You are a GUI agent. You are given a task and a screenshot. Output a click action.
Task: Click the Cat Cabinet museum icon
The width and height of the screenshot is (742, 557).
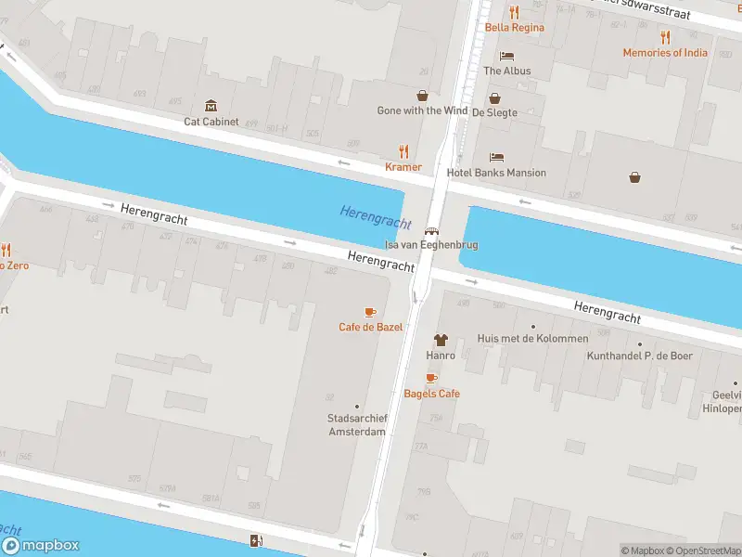[211, 106]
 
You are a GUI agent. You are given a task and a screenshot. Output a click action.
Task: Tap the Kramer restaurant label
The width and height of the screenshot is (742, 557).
[403, 167]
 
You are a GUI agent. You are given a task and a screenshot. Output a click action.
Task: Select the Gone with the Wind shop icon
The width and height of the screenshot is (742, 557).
[423, 96]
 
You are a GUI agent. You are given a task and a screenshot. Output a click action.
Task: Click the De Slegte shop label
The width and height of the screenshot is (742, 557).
[494, 111]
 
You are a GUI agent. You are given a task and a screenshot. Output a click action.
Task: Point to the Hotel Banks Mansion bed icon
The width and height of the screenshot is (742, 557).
[496, 158]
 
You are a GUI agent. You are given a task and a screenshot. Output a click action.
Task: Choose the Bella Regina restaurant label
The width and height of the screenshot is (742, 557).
[514, 27]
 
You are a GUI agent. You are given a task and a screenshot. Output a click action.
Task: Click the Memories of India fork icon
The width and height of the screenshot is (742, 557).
[665, 37]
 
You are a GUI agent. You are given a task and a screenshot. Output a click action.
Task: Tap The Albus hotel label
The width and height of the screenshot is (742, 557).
[506, 71]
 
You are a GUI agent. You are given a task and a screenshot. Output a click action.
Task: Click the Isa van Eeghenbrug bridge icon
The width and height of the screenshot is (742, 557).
[431, 231]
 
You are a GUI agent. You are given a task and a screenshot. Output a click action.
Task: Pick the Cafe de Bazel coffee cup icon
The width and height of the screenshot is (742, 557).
[370, 312]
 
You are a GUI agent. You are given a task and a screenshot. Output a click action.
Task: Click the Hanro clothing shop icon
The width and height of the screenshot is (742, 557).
[441, 341]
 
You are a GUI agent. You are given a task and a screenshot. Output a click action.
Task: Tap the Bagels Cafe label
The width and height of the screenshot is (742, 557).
[431, 394]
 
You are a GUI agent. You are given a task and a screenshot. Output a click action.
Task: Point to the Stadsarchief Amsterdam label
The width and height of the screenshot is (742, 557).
[356, 425]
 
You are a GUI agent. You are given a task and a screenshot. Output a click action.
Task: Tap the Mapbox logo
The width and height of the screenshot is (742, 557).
[41, 546]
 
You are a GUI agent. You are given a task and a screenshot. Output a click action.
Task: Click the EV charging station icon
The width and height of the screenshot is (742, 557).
[256, 540]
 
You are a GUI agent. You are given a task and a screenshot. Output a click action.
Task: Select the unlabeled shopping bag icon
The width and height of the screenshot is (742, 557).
[635, 176]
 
